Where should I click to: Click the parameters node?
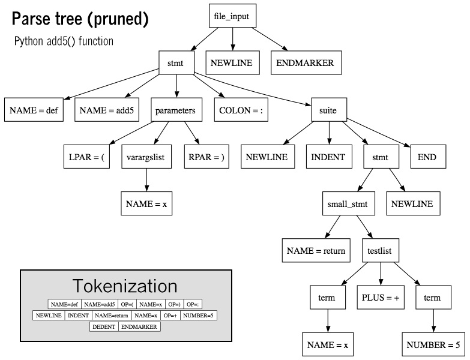pos(175,110)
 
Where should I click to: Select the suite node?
pos(328,110)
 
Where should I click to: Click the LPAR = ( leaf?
pos(86,157)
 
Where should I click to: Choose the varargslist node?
pos(147,157)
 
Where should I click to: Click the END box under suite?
pos(427,157)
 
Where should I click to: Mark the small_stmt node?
pos(348,204)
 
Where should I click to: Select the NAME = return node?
pos(316,251)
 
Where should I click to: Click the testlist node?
pos(381,251)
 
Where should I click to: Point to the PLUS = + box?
pos(381,298)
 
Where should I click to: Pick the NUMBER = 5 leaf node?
pos(433,345)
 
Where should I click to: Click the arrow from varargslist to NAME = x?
pos(147,181)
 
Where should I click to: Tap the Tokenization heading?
pos(125,285)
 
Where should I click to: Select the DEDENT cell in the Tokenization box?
pos(104,326)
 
